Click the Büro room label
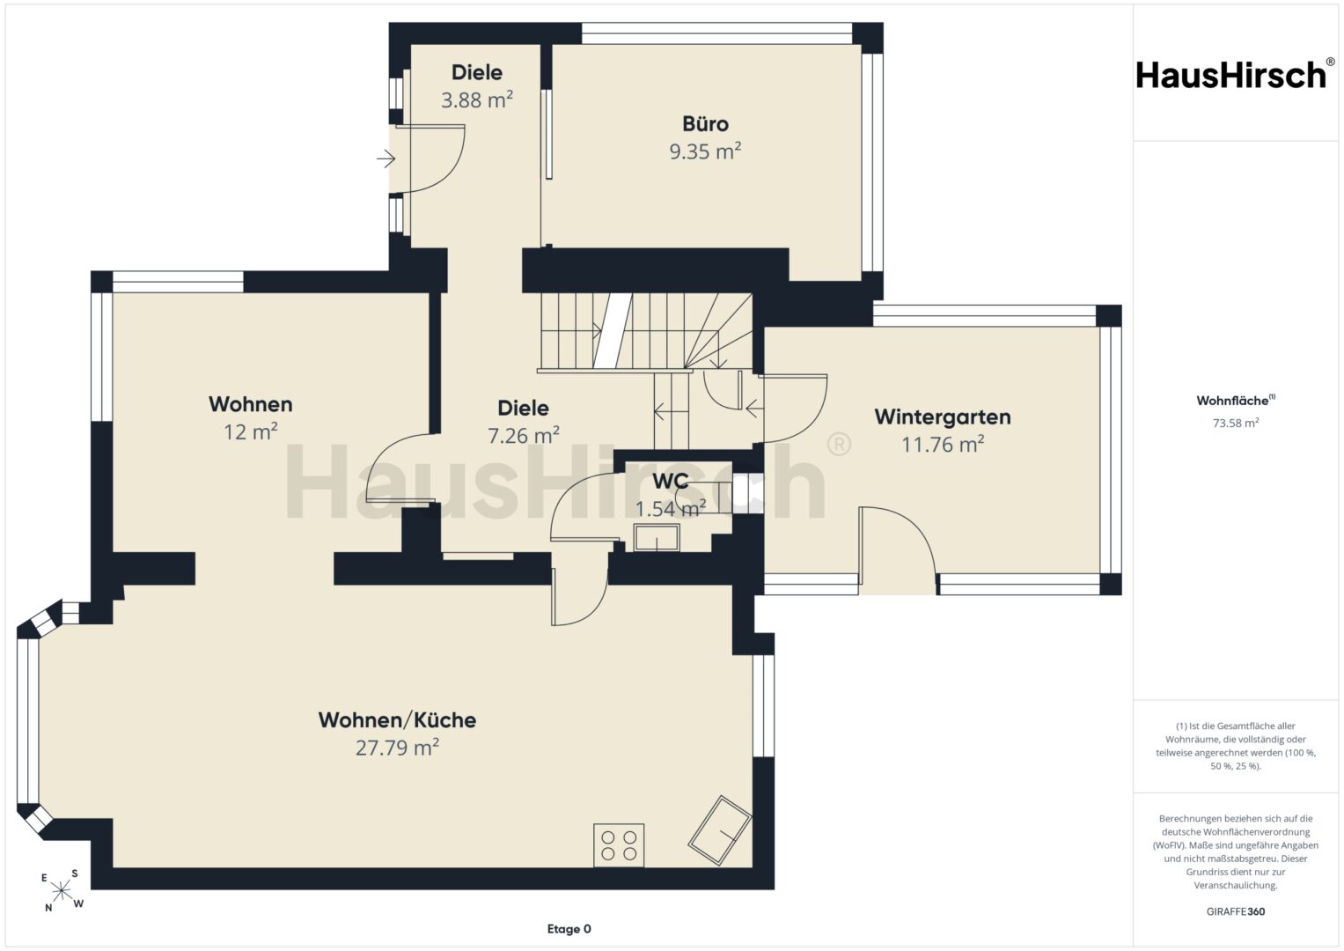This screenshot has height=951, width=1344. pos(705,123)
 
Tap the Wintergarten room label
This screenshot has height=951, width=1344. pos(942,417)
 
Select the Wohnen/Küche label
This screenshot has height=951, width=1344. pos(397,720)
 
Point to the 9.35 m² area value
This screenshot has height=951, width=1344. pos(705,151)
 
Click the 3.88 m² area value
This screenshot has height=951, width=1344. pos(477,100)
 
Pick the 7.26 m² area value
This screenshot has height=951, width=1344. pos(523,435)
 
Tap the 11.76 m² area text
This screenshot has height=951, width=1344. pos(943,445)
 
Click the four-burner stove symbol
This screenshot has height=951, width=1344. pos(619,844)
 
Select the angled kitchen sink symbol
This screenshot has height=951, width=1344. pos(719,830)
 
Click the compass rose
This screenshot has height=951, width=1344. pos(62,889)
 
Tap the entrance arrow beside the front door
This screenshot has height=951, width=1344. pos(386,159)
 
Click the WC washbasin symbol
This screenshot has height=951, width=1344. pos(657,537)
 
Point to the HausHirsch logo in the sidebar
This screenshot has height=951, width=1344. pos(1232,75)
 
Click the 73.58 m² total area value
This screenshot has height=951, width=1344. pos(1236,423)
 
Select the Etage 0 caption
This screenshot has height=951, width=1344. pos(569,929)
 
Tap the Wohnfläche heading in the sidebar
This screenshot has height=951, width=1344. pos(1236,401)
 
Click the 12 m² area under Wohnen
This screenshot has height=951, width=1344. pos(250,431)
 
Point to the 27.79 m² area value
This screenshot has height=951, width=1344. pos(397,748)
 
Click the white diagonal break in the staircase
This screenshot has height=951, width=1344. pos(613,331)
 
